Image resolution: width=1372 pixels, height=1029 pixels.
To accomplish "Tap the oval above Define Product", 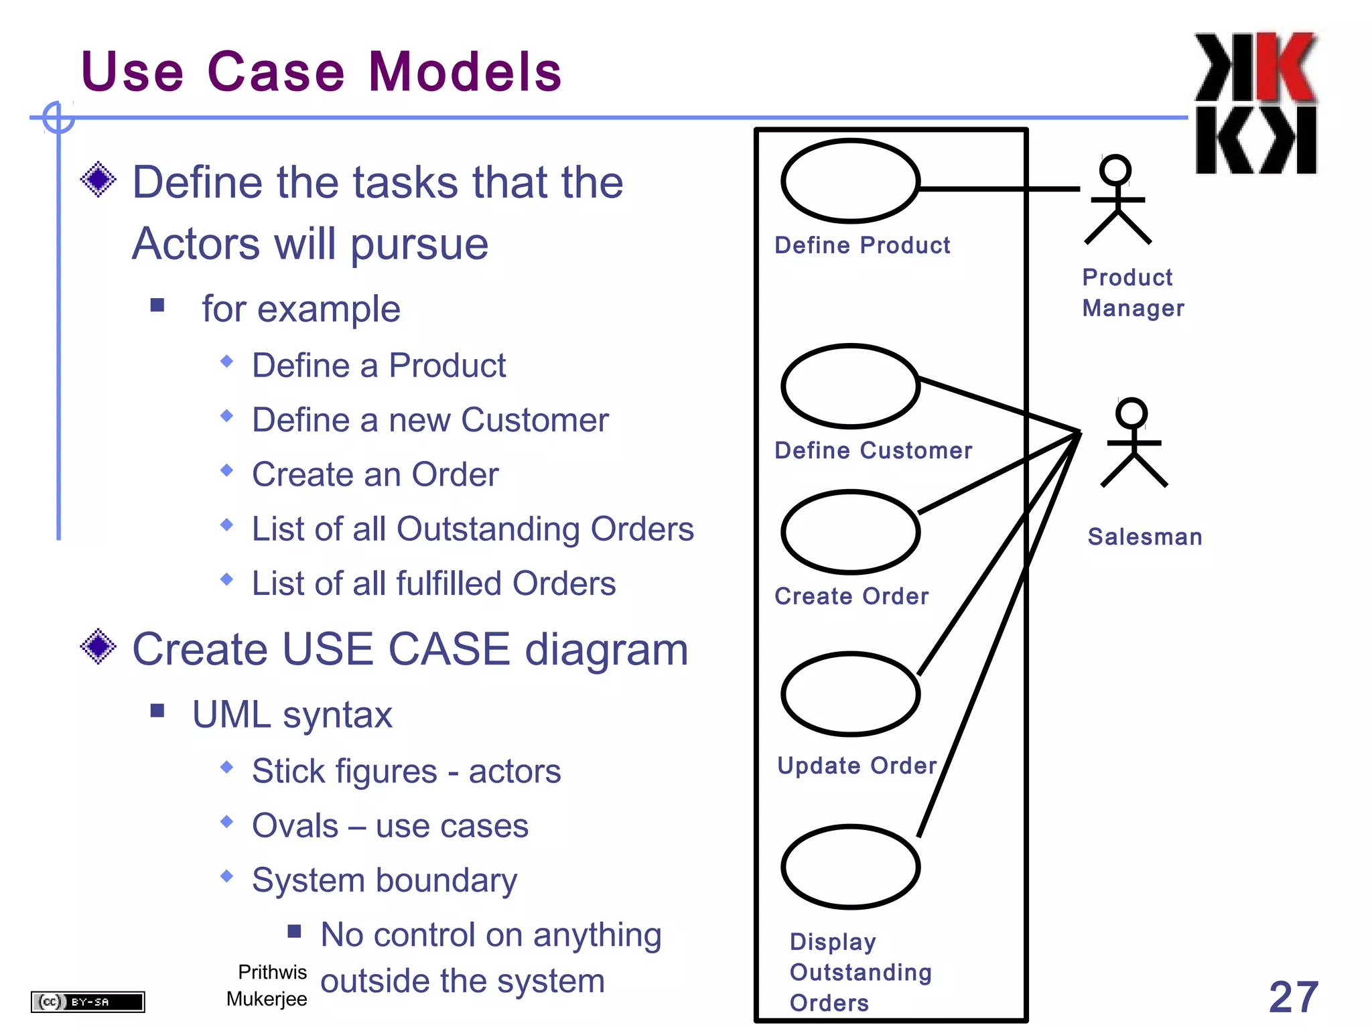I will (x=850, y=181).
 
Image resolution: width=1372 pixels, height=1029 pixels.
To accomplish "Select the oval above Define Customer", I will (x=850, y=387).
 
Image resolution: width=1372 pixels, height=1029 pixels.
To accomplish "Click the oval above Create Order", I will (x=850, y=532).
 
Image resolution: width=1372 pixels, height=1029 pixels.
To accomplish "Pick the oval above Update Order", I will (x=850, y=694).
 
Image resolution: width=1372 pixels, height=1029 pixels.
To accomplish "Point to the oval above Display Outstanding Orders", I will (x=850, y=867).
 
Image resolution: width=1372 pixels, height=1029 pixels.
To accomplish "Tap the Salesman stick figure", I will (x=1134, y=443).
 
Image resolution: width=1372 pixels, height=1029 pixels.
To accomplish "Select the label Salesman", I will (x=1144, y=537).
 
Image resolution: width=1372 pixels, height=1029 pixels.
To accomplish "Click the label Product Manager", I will (x=1132, y=293).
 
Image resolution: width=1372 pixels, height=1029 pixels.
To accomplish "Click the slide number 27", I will (x=1293, y=997).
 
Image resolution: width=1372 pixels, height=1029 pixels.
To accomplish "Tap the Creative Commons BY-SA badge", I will (x=88, y=1002).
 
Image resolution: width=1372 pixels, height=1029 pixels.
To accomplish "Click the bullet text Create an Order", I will (x=375, y=474).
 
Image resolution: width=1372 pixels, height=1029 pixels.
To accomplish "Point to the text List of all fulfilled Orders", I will (x=433, y=583).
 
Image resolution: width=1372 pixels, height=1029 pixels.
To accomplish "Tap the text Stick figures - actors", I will (x=406, y=771).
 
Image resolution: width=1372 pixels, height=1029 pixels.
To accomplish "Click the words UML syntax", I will (x=292, y=714).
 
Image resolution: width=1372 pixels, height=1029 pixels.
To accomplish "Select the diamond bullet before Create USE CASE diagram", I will (x=98, y=646).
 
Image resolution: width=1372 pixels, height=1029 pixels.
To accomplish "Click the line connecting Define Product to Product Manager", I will (x=998, y=189).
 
